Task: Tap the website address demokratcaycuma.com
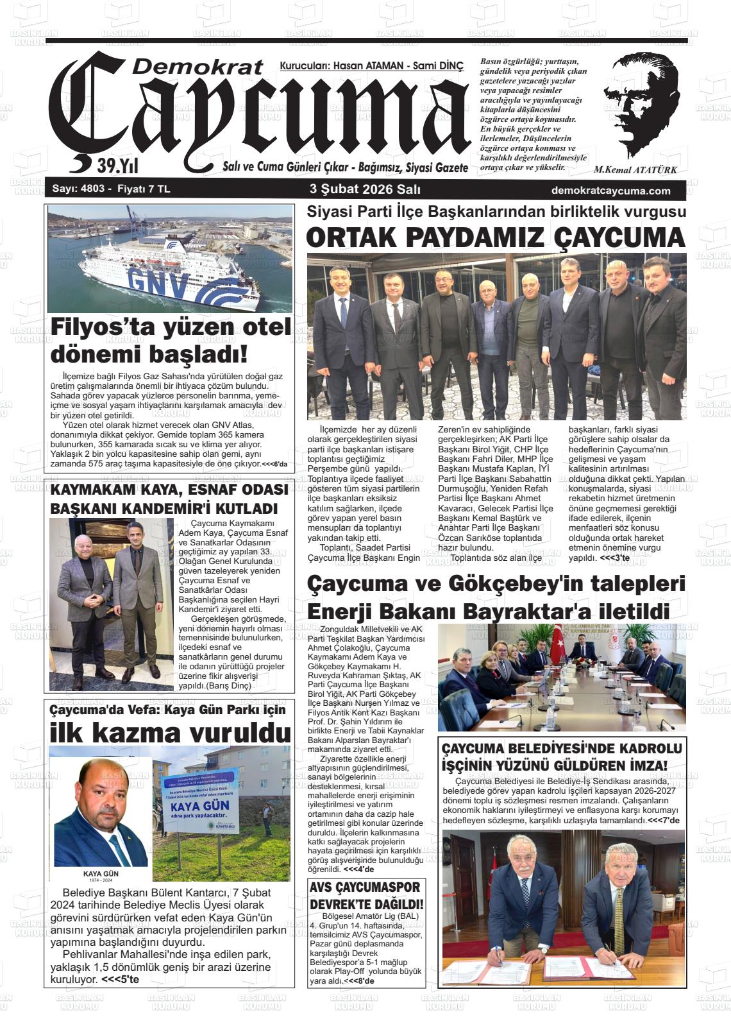tap(610, 191)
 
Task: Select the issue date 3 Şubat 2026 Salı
tap(365, 190)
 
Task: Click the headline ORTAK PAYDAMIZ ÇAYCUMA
tap(496, 237)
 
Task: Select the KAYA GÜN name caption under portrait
tap(101, 873)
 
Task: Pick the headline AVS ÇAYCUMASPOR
tap(365, 887)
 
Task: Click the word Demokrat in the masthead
tap(199, 66)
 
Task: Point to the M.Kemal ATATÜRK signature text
tap(635, 170)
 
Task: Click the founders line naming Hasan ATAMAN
tap(371, 66)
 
